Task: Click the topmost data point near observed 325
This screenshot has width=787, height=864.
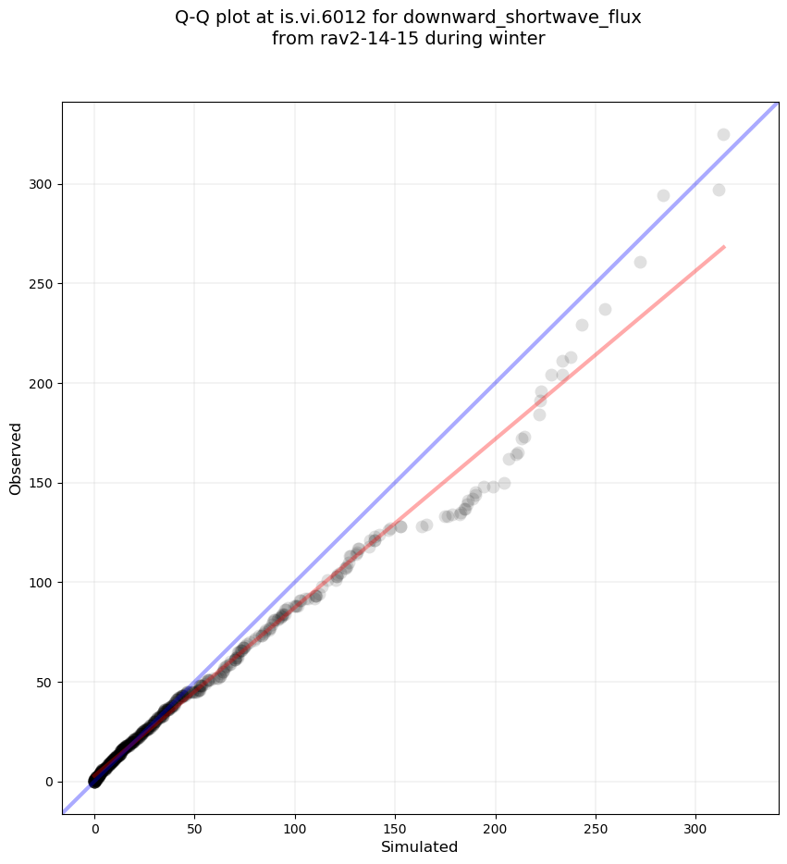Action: [x=723, y=134]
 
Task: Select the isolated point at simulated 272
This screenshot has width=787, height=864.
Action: [x=640, y=262]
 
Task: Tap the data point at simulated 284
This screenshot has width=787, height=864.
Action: [x=663, y=195]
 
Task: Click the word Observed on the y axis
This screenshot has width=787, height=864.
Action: [x=16, y=458]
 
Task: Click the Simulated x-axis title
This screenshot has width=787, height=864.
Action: [x=420, y=846]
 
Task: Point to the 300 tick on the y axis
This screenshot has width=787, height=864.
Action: [x=42, y=184]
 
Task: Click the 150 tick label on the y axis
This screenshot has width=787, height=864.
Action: [x=42, y=483]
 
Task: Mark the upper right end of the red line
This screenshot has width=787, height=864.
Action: [x=724, y=247]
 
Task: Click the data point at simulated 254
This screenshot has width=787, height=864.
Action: [x=605, y=309]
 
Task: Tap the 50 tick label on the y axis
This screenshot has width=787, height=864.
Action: [x=45, y=682]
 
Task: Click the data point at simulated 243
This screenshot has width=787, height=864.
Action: [x=582, y=325]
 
